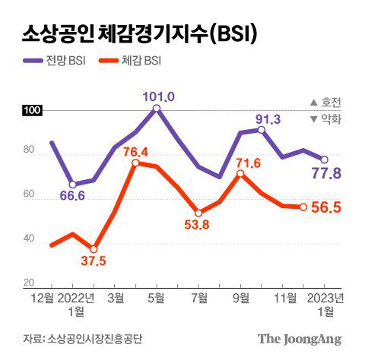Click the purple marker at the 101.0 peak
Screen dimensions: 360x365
pos(156,109)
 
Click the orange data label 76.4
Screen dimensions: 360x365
pos(135,150)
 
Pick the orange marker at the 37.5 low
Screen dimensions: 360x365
pos(94,249)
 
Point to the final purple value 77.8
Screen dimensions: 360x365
pos(326,174)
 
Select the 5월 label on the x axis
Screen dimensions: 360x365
pos(156,297)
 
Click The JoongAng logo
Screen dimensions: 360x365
pos(299,338)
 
